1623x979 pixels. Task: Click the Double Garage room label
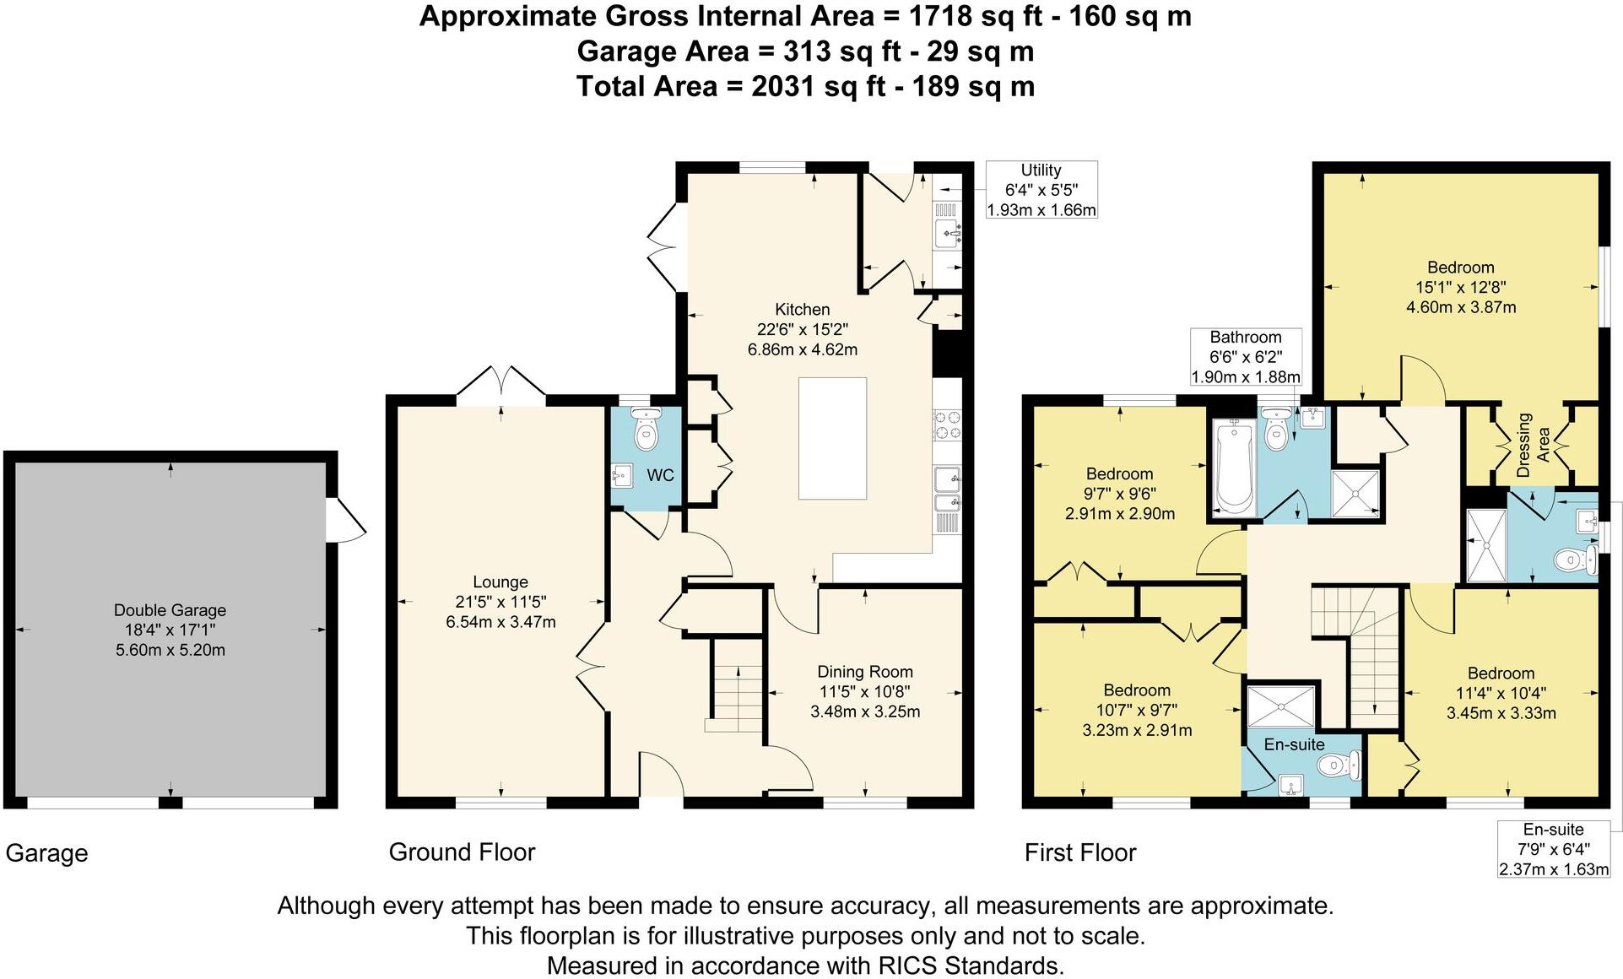[x=170, y=610]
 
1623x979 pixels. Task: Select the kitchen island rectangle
[x=832, y=439]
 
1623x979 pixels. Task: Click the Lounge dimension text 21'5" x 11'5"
[x=500, y=602]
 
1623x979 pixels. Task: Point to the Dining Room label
[x=865, y=672]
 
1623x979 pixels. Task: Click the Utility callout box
[x=1041, y=190]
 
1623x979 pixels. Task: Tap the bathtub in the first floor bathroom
[x=1234, y=468]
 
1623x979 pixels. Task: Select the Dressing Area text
[x=1533, y=445]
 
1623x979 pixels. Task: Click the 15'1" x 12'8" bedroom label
[x=1461, y=287]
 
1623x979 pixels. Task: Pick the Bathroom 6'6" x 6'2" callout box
[x=1245, y=357]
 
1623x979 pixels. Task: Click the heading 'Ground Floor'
[x=462, y=852]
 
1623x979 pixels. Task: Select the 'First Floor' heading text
[x=1080, y=852]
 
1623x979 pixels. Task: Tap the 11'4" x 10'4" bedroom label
[x=1501, y=693]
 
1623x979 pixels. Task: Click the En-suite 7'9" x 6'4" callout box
[x=1553, y=849]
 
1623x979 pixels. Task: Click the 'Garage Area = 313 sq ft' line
[x=805, y=51]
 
